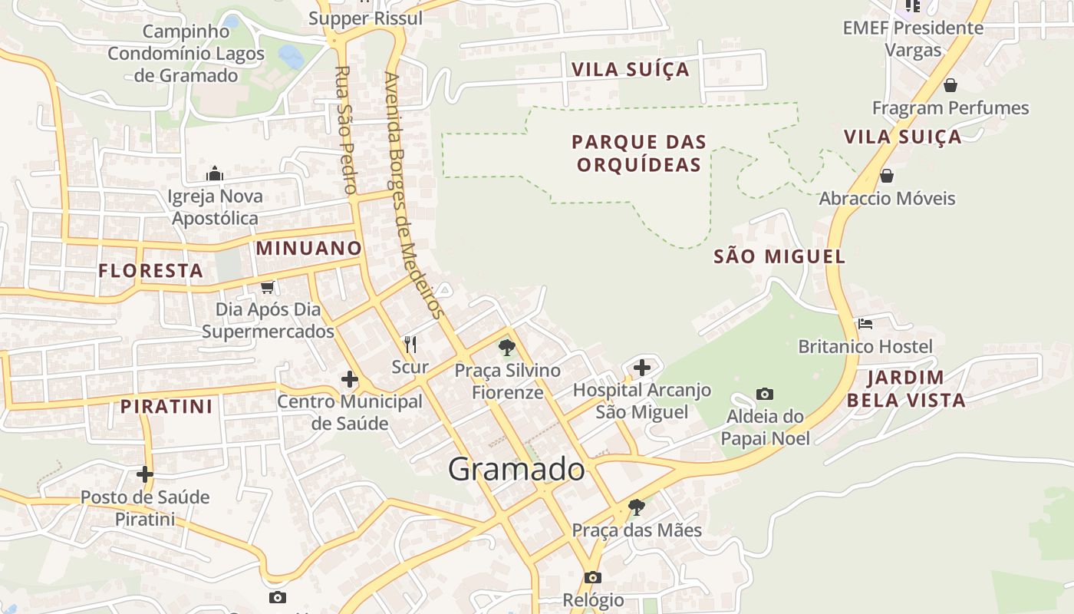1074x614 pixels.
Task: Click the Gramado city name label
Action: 516,469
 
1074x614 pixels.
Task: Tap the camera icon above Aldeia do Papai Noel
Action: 765,394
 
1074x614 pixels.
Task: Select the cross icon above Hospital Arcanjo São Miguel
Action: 642,368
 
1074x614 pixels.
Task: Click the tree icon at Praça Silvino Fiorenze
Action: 506,348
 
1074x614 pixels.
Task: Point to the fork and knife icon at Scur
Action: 410,344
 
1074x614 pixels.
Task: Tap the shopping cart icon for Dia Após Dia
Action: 267,287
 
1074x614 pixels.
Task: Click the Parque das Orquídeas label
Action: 639,153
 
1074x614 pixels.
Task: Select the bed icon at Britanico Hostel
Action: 865,324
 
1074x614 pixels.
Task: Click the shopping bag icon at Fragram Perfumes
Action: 950,85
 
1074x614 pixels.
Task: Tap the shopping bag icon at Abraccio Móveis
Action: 887,176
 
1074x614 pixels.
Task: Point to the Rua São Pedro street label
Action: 346,129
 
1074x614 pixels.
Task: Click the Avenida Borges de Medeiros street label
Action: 413,195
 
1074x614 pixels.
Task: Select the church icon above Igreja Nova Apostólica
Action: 215,173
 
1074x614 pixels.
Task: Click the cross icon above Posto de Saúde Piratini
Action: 145,474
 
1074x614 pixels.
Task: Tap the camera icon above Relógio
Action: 592,577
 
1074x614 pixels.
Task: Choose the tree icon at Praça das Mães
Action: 636,507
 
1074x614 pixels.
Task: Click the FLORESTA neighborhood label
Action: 150,270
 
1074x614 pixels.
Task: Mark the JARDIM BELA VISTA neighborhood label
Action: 906,388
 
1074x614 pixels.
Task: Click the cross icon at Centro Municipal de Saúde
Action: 350,379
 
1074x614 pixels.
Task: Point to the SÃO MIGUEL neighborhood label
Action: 779,256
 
